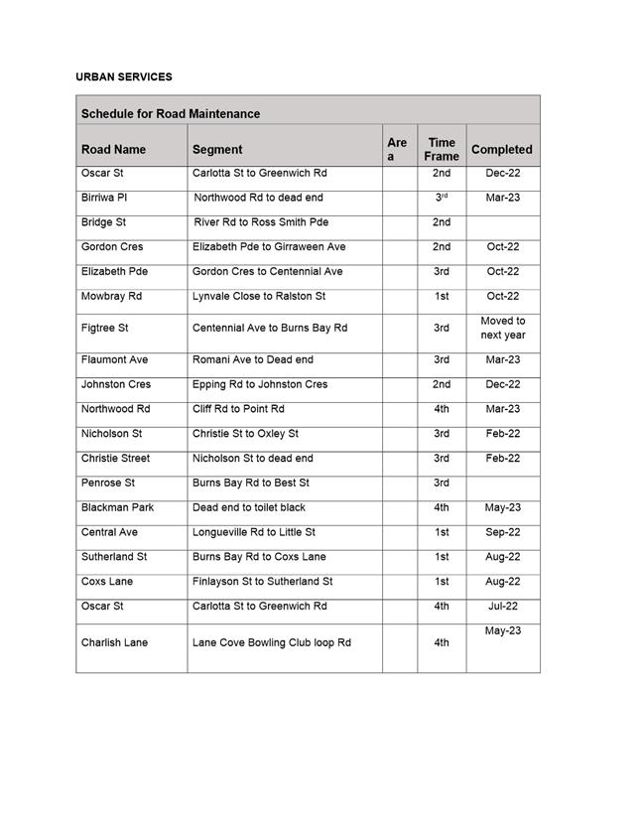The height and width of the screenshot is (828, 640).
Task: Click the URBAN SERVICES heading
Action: click(x=124, y=76)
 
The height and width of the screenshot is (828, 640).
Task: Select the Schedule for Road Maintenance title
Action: click(x=171, y=114)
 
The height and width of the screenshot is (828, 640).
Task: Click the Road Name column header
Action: click(x=113, y=150)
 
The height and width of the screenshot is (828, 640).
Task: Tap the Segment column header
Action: click(x=217, y=150)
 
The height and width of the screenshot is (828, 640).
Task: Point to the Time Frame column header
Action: click(x=442, y=149)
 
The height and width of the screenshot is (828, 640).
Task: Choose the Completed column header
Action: click(x=502, y=150)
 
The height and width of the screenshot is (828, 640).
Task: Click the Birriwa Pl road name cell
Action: click(x=104, y=198)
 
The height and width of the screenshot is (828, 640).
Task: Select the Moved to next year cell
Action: click(x=503, y=328)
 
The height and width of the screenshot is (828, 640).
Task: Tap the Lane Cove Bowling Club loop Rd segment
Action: click(x=272, y=642)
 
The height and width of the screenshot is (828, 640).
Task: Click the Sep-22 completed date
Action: click(x=503, y=532)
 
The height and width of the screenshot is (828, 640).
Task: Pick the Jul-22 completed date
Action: click(x=503, y=606)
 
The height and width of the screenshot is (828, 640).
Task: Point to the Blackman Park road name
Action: click(x=117, y=507)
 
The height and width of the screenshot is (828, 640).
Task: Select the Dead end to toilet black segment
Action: click(x=249, y=507)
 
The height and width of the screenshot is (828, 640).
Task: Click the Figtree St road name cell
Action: click(x=105, y=328)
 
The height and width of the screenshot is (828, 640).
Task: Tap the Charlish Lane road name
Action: click(x=114, y=642)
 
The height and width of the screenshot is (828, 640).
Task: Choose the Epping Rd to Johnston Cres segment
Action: click(x=260, y=384)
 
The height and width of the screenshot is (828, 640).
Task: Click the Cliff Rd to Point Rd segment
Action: click(x=238, y=409)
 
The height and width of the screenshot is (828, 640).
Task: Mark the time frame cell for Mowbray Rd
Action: click(x=442, y=296)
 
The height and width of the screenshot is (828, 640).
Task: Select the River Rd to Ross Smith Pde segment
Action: click(x=261, y=222)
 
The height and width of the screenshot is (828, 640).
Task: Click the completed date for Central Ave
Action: click(x=503, y=532)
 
